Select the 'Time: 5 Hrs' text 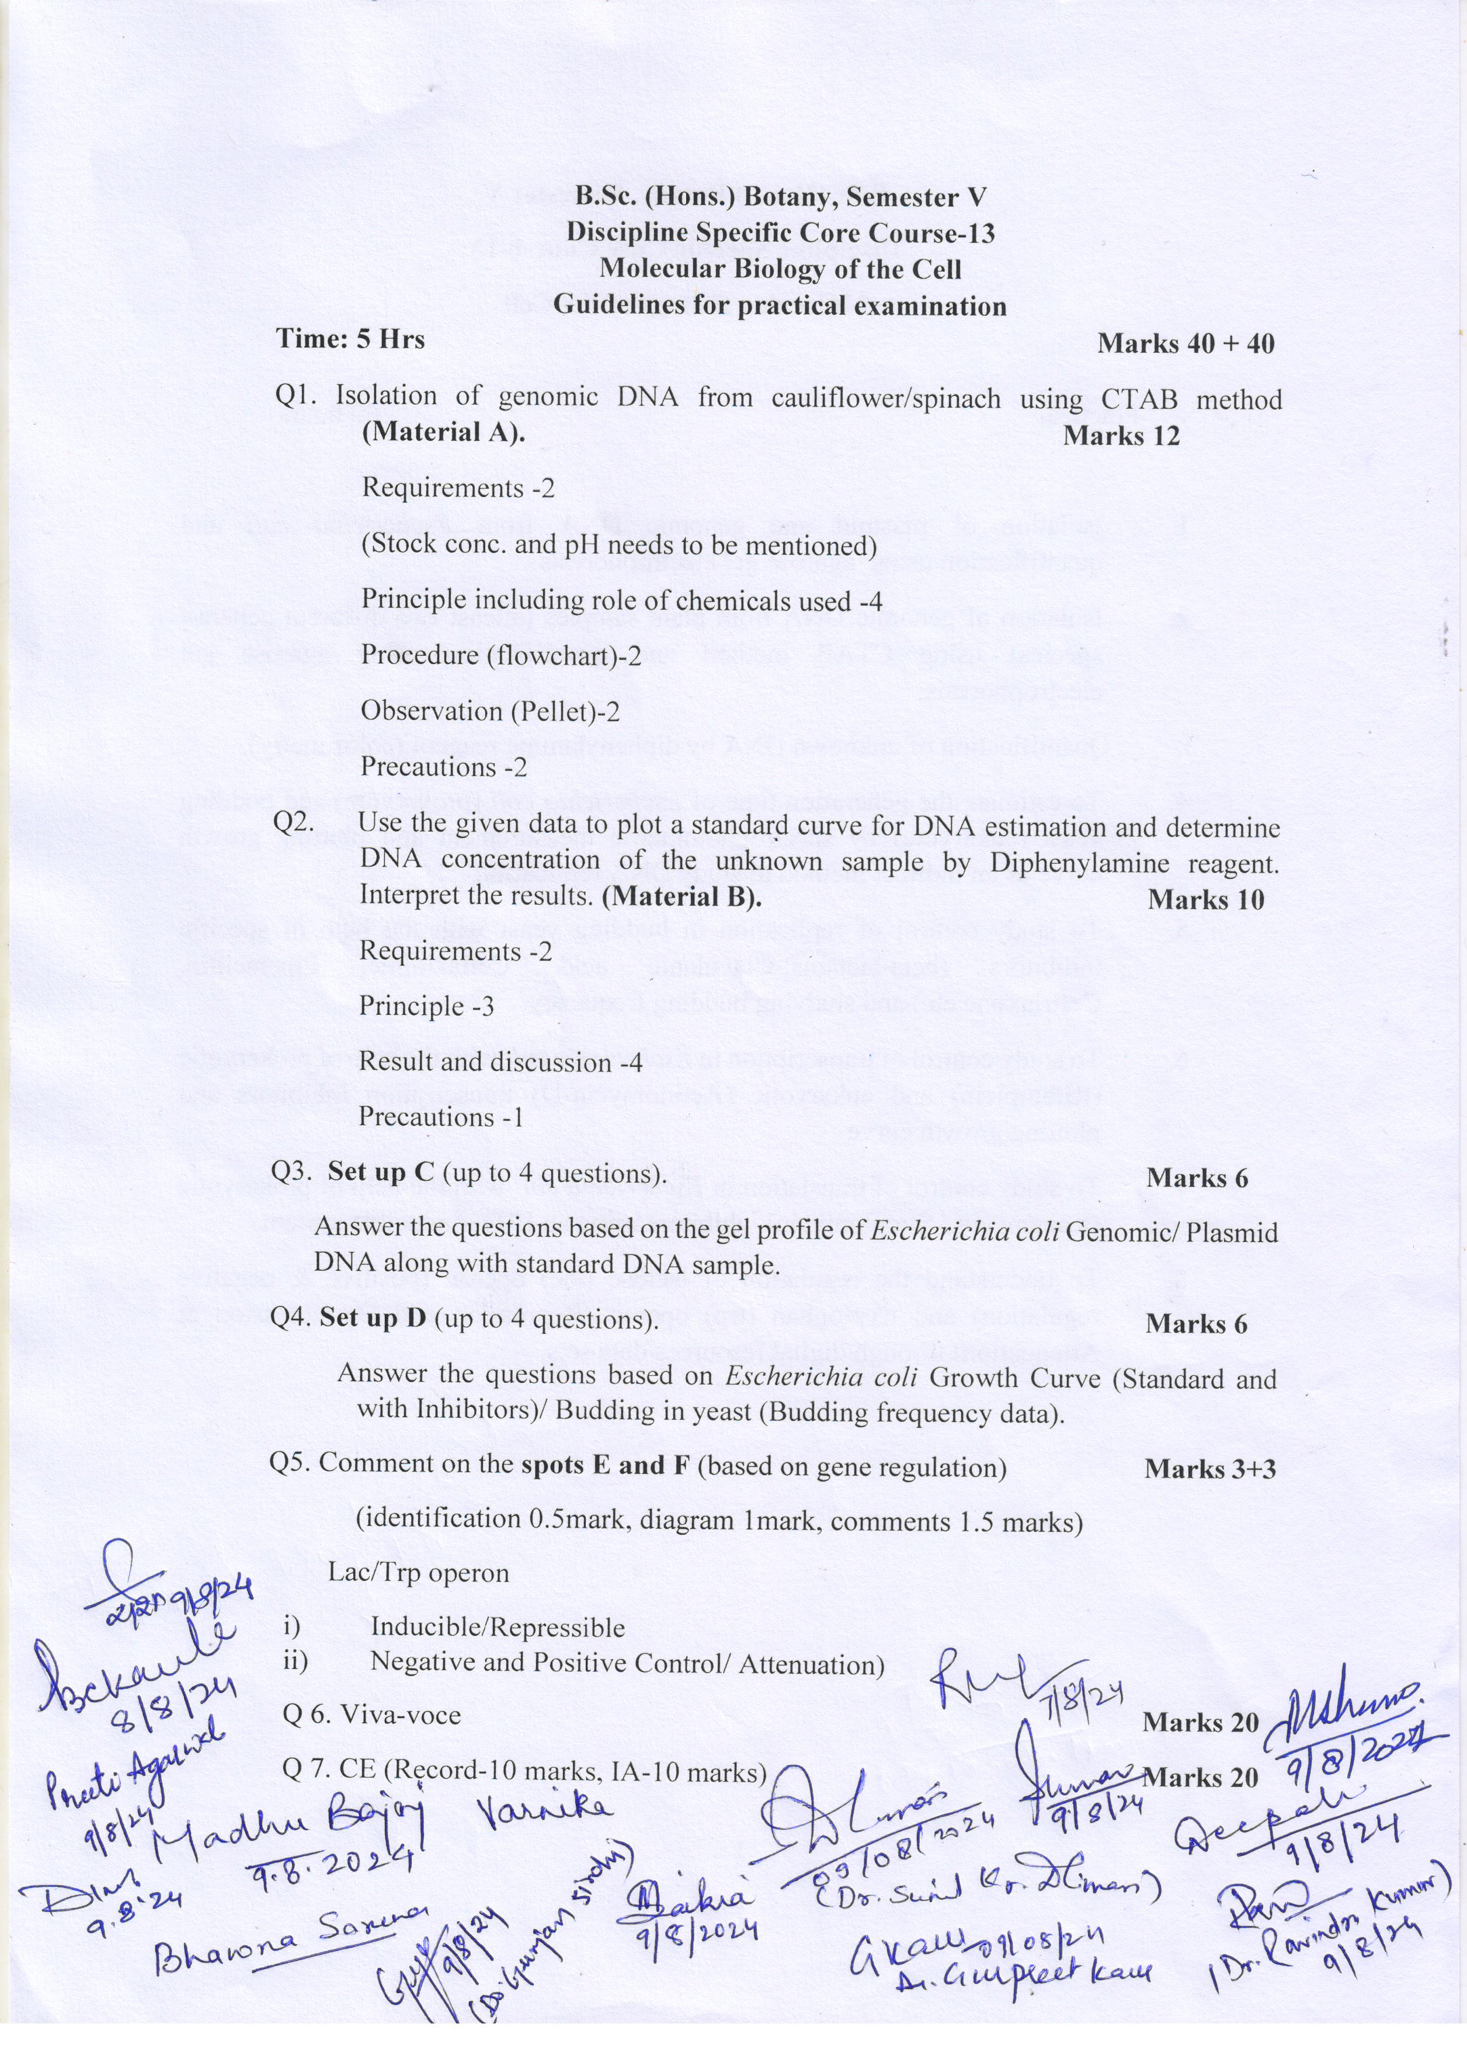(350, 339)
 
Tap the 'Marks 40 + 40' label (1186, 343)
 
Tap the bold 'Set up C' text (380, 1172)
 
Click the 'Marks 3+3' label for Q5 (1209, 1468)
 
